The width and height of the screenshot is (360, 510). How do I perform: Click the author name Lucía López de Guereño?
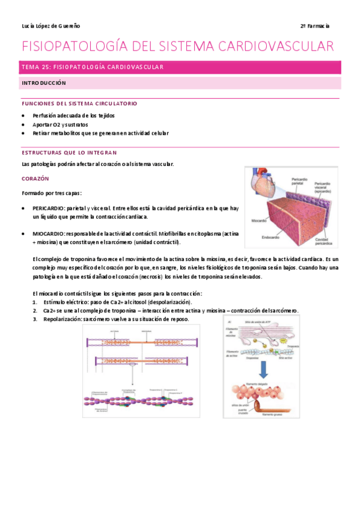(50, 26)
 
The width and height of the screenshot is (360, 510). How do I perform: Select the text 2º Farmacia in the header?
(315, 26)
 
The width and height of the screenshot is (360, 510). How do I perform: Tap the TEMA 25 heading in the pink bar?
(92, 67)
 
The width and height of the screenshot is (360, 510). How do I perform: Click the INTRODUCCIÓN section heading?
(43, 82)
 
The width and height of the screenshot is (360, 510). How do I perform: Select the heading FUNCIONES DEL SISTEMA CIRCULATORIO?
(79, 103)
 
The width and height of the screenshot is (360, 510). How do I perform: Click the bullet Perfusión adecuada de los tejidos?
(73, 115)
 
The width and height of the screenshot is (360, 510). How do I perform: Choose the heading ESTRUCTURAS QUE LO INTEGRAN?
(69, 153)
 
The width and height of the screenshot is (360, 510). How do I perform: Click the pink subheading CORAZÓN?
(35, 179)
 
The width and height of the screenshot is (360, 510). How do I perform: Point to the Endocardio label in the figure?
(272, 238)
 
